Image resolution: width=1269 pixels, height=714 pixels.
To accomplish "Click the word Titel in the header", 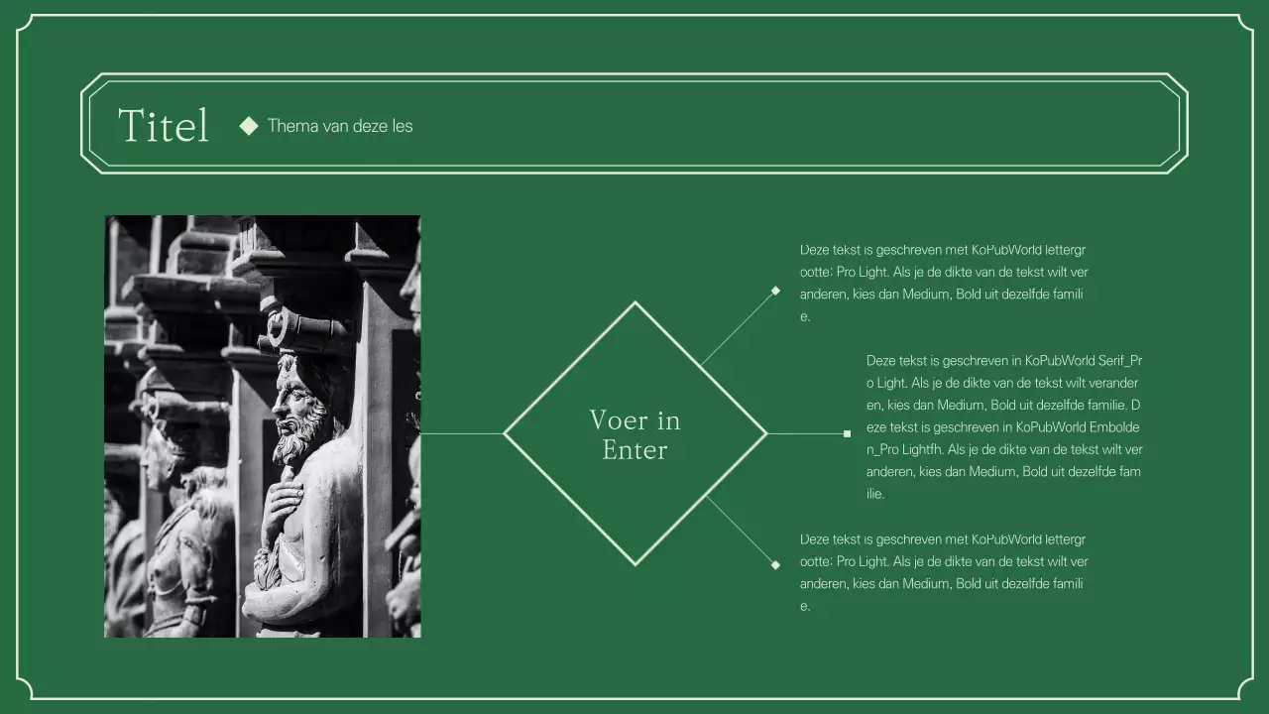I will (x=164, y=126).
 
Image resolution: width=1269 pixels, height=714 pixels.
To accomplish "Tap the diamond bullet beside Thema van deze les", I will (x=249, y=125).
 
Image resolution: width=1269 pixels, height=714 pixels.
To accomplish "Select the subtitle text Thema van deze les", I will (x=340, y=126).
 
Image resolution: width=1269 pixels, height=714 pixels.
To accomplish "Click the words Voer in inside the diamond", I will (x=634, y=420).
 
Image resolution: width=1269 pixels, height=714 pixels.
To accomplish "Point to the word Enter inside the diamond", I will (x=634, y=450).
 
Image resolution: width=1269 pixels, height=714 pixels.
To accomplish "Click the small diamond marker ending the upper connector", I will (x=775, y=291).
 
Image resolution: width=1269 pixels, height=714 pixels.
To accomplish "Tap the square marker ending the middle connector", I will (x=847, y=433).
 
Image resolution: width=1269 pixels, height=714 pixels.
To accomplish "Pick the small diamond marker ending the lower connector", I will (x=775, y=565).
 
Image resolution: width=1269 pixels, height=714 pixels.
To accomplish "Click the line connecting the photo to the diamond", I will (x=462, y=433).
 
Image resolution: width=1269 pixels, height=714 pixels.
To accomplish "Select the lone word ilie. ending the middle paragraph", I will (x=875, y=494).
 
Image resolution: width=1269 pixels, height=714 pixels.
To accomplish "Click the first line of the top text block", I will (x=942, y=250).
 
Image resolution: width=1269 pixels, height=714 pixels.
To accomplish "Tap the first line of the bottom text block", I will (x=942, y=539).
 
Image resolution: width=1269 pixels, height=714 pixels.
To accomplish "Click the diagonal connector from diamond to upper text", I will (x=738, y=328).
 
